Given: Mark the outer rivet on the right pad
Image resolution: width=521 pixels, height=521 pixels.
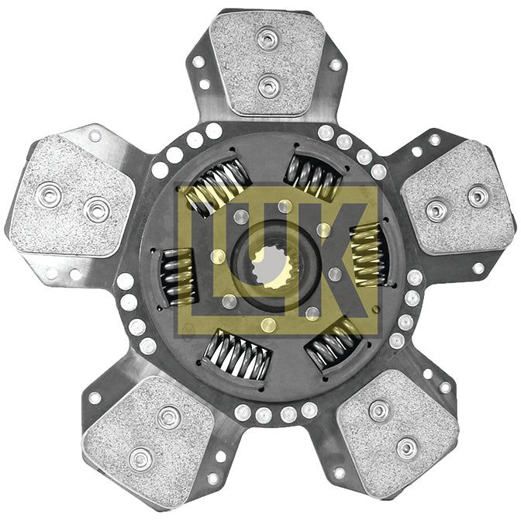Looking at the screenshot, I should click(x=478, y=197).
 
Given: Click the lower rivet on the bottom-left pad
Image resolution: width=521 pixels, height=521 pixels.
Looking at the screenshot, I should click(x=140, y=459).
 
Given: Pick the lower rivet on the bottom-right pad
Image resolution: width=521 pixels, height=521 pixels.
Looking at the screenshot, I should click(x=407, y=448).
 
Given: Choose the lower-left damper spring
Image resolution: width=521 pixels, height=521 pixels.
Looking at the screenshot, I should click(x=236, y=353).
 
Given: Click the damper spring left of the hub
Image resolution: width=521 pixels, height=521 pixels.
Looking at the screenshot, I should click(x=178, y=275).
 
